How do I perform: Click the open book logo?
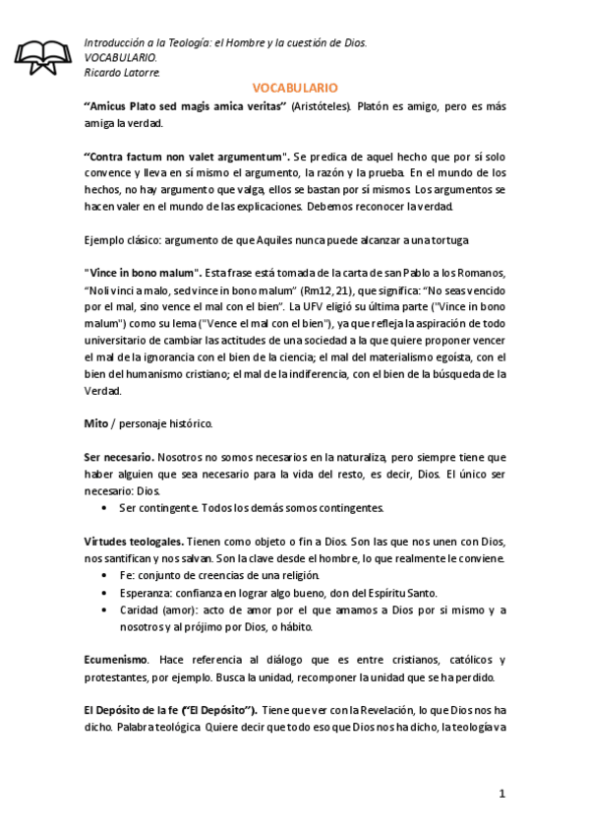[x=43, y=58]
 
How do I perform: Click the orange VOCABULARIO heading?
[x=295, y=88]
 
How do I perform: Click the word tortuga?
[x=444, y=240]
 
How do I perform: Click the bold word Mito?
[x=95, y=423]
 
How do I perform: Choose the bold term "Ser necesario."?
[x=118, y=458]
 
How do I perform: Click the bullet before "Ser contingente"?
[x=104, y=508]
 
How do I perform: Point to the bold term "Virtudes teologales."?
[x=133, y=543]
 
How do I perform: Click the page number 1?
[x=501, y=793]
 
